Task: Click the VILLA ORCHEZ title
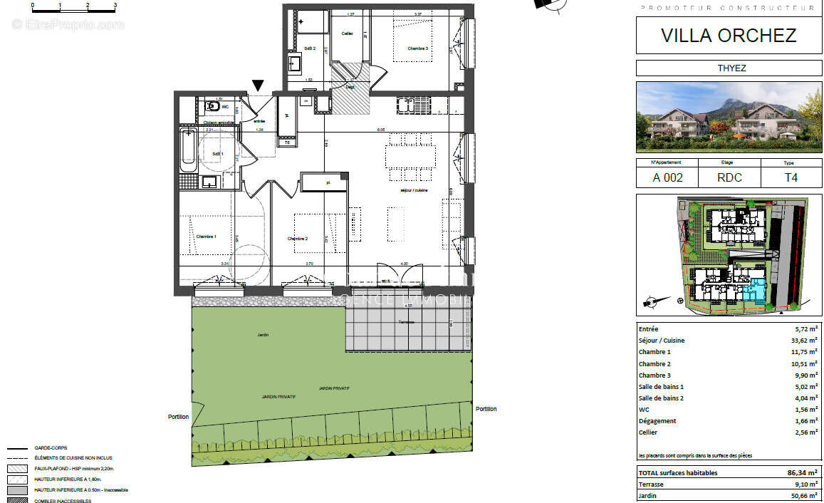coord(728,35)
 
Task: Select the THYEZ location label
coord(728,68)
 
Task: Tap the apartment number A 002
coord(667,178)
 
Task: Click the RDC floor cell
coord(729,178)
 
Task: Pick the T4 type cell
coord(791,178)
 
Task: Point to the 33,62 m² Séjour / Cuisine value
coord(805,341)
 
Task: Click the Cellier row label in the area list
coord(648,432)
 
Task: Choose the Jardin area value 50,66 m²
coord(804,495)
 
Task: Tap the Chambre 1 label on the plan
coord(206,237)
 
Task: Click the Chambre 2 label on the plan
coord(297,239)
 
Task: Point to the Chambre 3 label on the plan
coord(418,48)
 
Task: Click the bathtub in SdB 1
coord(188,150)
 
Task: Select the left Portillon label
coord(179,417)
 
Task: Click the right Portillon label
coord(486,409)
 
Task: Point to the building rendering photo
coord(728,117)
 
